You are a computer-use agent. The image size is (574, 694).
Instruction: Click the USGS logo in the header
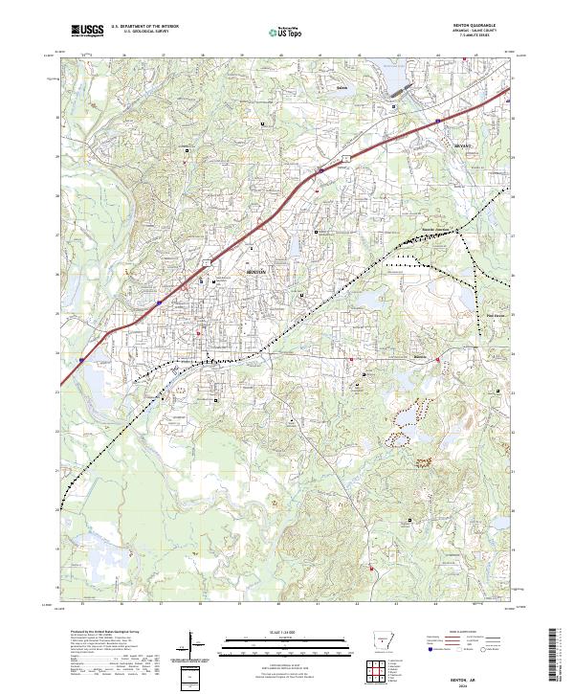point(87,31)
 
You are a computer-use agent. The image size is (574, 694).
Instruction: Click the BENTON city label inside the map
point(256,272)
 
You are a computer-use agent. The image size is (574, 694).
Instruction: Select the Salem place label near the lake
point(342,86)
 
